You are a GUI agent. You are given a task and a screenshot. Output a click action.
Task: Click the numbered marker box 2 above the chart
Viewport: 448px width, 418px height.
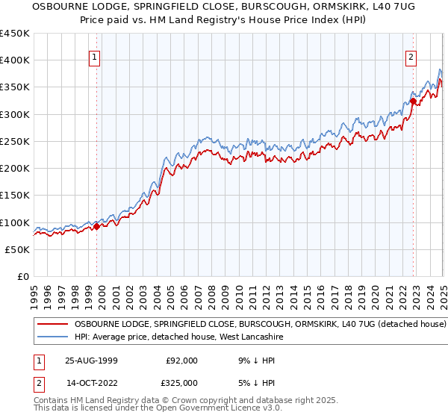click(x=411, y=55)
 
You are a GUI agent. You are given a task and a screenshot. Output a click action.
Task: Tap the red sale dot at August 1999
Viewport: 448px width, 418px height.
click(x=97, y=227)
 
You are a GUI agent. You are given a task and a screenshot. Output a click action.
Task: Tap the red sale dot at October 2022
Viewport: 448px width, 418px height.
click(x=413, y=101)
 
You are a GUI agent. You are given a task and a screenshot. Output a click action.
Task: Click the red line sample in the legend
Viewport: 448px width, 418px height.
click(x=52, y=325)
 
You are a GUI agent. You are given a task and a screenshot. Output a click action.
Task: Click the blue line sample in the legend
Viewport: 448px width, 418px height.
click(x=52, y=337)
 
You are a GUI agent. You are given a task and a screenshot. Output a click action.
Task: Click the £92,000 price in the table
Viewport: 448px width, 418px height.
click(x=181, y=361)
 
